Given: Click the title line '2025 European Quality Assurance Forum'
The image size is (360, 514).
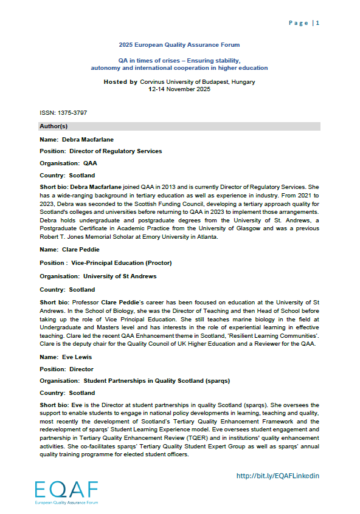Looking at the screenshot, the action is click(x=179, y=45).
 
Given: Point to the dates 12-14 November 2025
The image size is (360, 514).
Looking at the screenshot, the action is click(x=179, y=89).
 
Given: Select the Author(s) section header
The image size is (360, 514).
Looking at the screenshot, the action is click(x=54, y=126).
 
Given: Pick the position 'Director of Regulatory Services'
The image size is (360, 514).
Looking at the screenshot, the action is click(x=116, y=151).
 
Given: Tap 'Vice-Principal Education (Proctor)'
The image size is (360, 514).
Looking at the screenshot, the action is click(x=128, y=264).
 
